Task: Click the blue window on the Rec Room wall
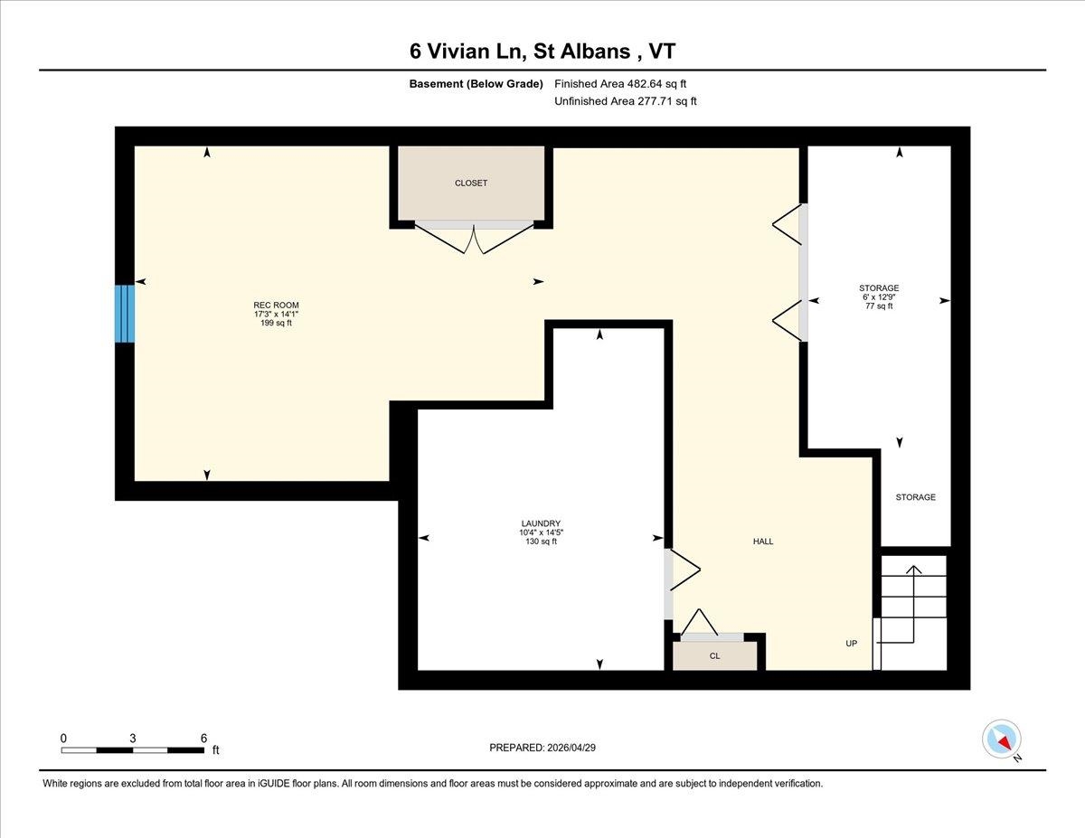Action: tap(124, 313)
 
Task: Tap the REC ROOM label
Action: tap(276, 305)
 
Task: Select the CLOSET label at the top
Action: tap(471, 184)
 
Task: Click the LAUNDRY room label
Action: tap(541, 523)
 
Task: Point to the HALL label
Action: tap(763, 541)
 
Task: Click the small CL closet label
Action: tap(714, 656)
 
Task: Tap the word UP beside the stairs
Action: tap(851, 644)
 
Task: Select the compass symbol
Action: tap(1001, 739)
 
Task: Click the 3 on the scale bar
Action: tap(133, 738)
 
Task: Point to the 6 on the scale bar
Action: tap(203, 738)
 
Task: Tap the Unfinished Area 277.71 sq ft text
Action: tap(625, 102)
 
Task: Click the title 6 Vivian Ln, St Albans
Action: tap(542, 51)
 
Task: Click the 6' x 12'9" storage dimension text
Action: tap(879, 297)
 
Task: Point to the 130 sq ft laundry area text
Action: tap(541, 541)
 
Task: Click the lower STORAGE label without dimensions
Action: tap(915, 497)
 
